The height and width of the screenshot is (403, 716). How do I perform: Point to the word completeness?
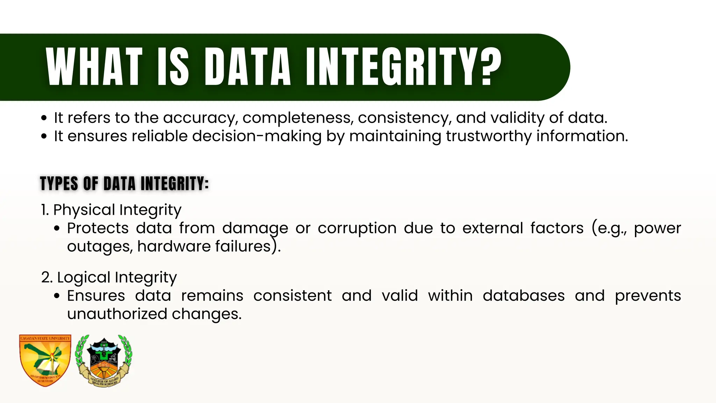297,118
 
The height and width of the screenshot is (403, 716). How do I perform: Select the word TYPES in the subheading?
59,184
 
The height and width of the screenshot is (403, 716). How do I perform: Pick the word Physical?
84,210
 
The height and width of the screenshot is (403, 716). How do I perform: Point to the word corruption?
357,228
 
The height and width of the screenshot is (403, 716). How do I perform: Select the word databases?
523,296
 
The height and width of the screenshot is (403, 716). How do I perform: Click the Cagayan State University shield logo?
45,360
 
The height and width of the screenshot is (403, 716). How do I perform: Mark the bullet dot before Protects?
57,229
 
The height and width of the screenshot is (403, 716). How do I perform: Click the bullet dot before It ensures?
44,136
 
